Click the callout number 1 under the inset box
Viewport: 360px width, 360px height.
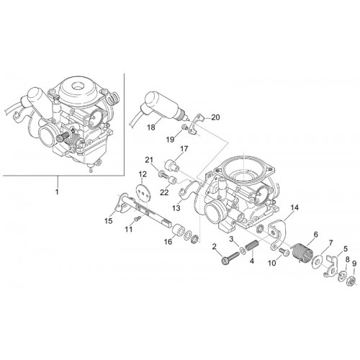[57, 192]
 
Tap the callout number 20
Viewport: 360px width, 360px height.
[215, 117]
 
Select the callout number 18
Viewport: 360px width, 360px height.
[151, 127]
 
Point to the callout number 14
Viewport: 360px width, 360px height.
[294, 207]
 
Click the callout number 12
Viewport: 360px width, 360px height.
[143, 174]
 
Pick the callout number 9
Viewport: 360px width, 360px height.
[354, 264]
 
